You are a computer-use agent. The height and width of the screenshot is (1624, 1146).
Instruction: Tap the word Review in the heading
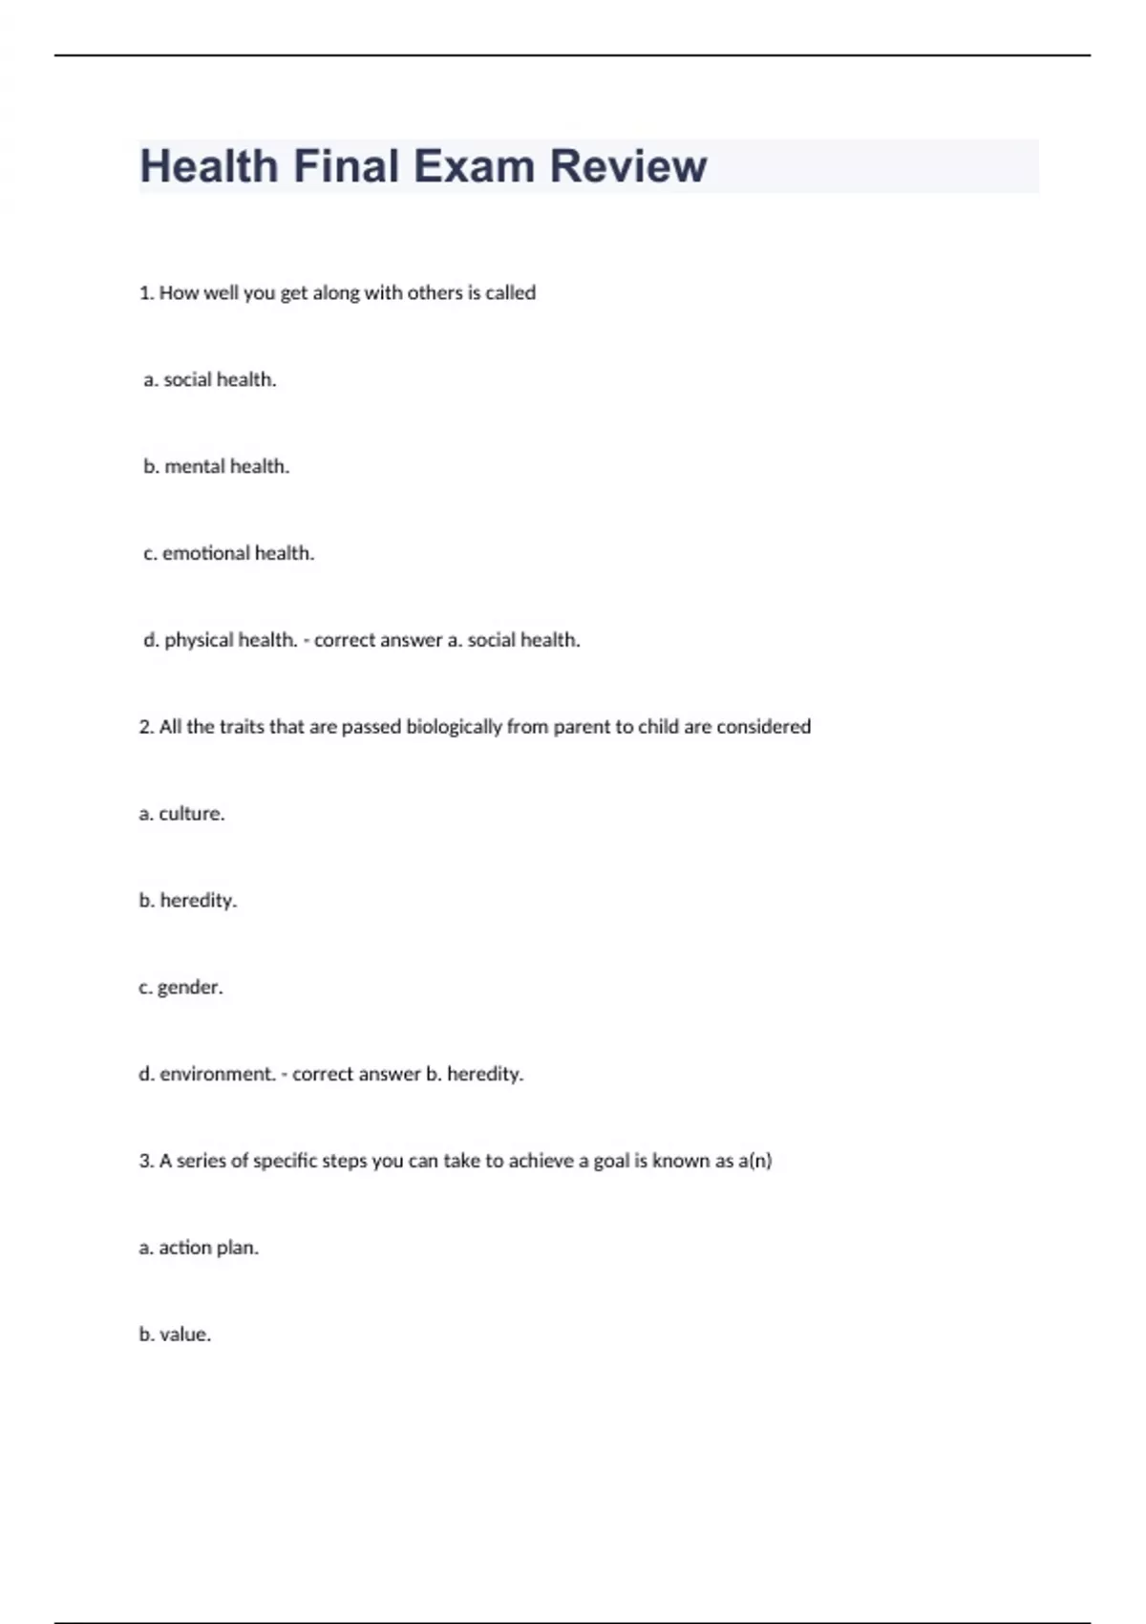627,166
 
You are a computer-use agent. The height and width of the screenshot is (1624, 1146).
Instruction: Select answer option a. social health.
210,379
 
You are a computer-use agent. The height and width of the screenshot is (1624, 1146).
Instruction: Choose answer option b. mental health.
216,466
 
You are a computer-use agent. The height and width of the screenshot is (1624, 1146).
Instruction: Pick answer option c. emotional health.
228,553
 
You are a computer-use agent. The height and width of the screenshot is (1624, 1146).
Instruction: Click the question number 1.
146,293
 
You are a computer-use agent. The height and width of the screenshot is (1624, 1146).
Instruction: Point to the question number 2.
146,727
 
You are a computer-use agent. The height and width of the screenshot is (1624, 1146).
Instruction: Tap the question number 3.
146,1161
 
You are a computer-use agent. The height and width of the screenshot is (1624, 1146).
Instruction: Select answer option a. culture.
181,814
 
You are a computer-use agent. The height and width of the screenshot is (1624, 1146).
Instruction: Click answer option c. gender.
180,987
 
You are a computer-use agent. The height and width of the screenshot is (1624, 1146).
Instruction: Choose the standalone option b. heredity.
187,900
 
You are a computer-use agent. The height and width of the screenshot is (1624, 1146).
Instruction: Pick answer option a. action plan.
199,1248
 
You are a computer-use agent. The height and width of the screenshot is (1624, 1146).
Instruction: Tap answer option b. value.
175,1335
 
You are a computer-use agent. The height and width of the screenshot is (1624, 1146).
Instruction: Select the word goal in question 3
610,1161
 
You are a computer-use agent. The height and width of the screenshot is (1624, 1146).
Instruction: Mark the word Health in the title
209,166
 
